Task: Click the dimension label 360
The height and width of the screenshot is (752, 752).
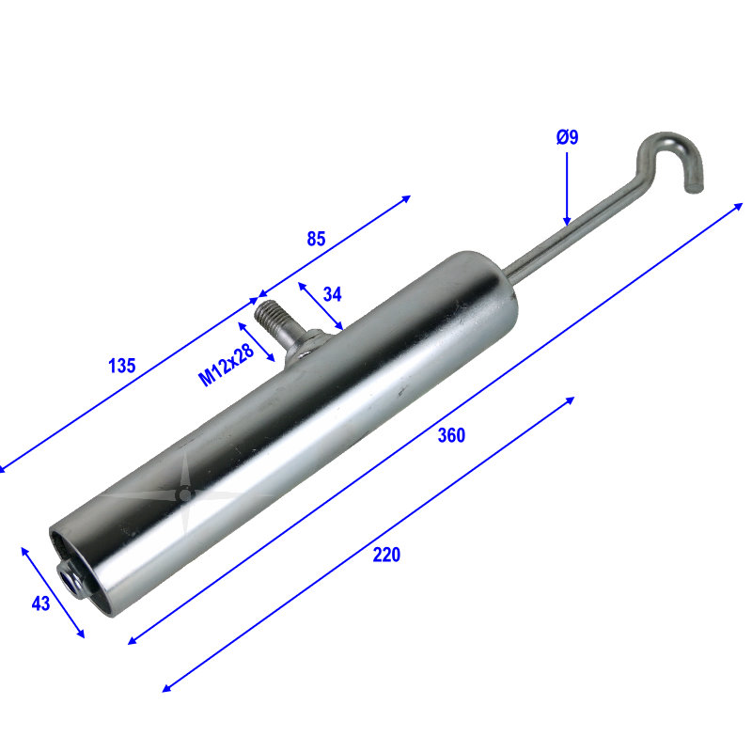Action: [451, 435]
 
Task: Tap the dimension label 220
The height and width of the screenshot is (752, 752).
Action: [386, 555]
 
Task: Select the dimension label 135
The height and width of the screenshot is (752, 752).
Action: [122, 366]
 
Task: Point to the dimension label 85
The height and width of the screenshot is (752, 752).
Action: [316, 239]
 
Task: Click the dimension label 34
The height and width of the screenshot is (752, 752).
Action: [332, 294]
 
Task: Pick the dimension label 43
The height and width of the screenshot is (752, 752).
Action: [40, 603]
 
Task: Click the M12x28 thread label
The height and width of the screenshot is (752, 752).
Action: [226, 365]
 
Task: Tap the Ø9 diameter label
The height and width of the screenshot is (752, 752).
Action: [568, 137]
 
